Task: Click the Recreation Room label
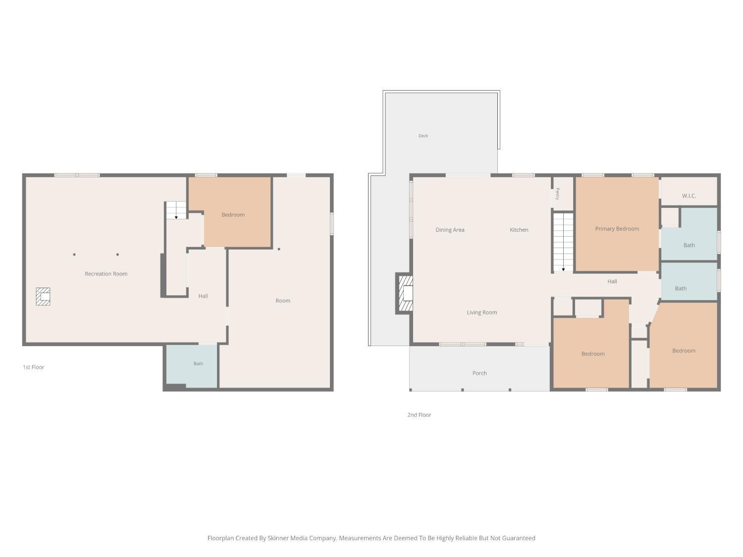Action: [106, 274]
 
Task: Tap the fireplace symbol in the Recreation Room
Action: [43, 297]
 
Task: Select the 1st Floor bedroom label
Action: [233, 215]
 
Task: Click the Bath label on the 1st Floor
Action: [198, 363]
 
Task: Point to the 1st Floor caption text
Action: [34, 367]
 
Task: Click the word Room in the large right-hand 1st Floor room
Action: [283, 301]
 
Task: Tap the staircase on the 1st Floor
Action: [176, 210]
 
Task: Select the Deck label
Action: [423, 136]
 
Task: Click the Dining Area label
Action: [450, 230]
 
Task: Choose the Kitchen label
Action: [519, 230]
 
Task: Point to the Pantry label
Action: [558, 194]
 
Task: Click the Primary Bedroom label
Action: [617, 229]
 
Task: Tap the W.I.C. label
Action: [689, 196]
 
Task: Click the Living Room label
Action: [481, 312]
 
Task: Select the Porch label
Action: [479, 373]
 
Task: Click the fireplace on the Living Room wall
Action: [405, 294]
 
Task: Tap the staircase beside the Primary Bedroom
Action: [563, 242]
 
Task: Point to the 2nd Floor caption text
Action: [419, 414]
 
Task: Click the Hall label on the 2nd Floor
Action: [612, 281]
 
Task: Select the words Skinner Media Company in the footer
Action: [302, 538]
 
